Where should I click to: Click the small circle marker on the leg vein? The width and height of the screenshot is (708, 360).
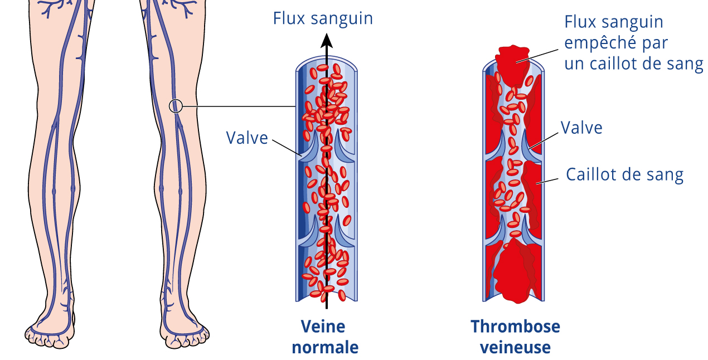coord(176,106)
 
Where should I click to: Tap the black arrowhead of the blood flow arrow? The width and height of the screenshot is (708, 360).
coord(327,41)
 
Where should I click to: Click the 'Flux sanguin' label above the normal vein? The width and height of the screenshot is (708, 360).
coord(323,18)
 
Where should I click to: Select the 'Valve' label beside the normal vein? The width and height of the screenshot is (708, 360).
coord(247,138)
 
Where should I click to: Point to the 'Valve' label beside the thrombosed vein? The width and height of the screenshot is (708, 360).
coord(581,128)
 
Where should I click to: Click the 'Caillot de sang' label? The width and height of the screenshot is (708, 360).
coord(624,174)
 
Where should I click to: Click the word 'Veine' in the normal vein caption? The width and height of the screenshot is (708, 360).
coord(323,326)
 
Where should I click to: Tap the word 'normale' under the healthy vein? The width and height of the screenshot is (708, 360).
coord(325,347)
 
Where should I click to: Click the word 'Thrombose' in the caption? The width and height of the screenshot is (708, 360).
coord(515,326)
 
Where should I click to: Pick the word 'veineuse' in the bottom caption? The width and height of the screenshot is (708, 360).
coord(515,347)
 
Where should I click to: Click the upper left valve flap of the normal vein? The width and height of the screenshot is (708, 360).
coord(309,148)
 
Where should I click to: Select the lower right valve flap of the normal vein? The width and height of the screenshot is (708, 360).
coord(345,232)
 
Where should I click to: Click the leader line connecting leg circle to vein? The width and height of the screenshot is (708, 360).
coord(239,106)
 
